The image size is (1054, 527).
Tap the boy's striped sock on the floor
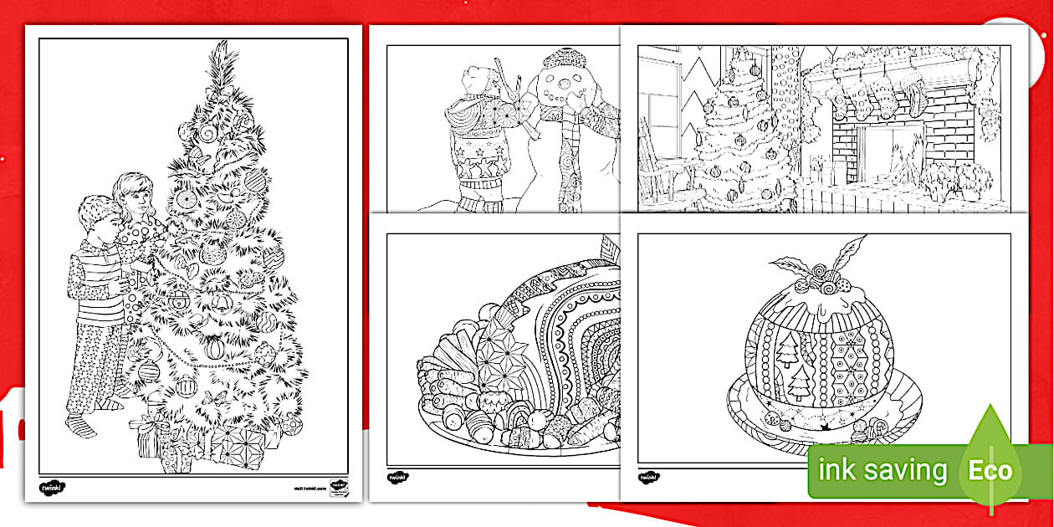click(84, 427)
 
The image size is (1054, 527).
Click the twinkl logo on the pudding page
click(648, 476)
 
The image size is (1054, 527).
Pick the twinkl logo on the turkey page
click(397, 476)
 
